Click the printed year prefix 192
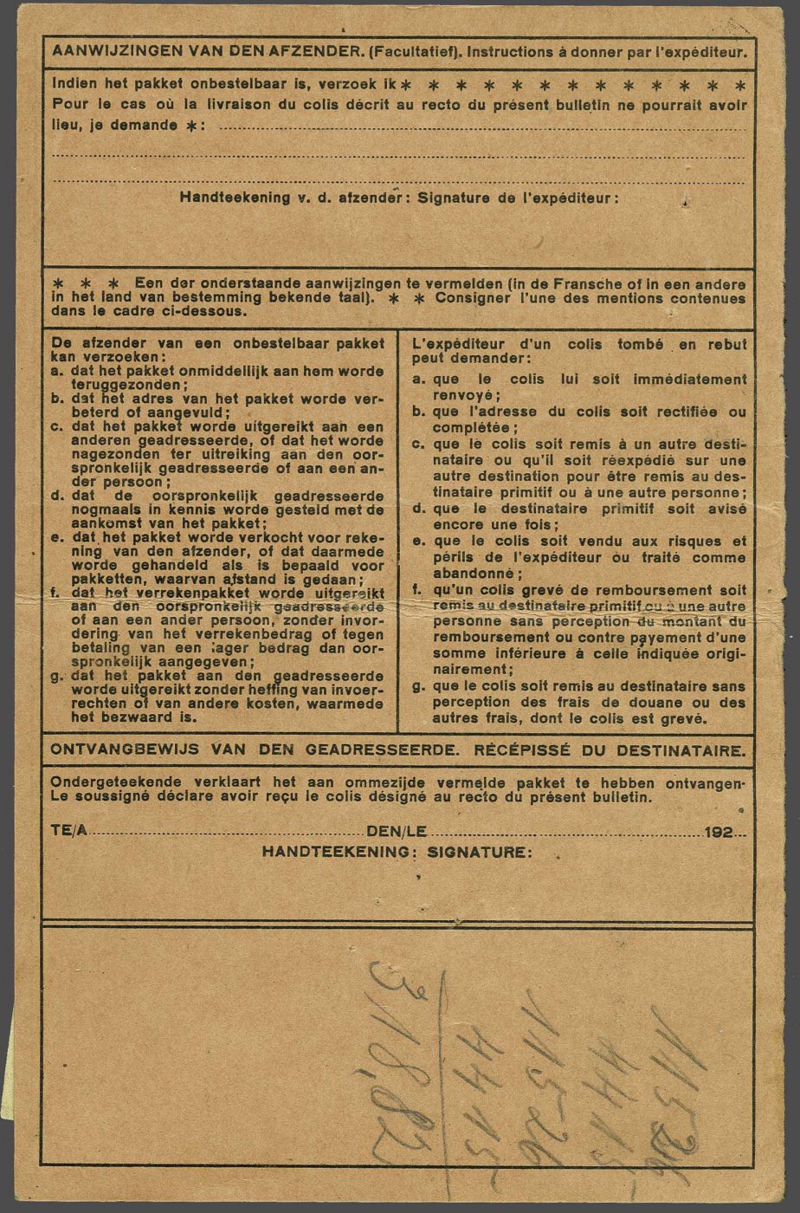click(x=719, y=832)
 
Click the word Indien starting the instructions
click(x=72, y=85)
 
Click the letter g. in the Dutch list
click(x=56, y=675)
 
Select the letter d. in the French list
click(x=417, y=509)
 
